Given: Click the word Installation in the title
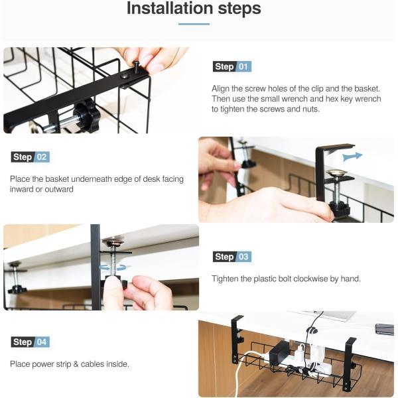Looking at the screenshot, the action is click(170, 9).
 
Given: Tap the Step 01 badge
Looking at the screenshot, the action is click(232, 66).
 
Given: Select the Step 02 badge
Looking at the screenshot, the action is click(31, 157).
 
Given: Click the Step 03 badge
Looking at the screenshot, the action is click(232, 257).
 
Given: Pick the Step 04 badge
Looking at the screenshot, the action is click(31, 342).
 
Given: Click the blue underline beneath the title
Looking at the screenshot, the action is click(194, 24).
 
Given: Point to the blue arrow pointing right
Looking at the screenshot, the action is click(352, 157).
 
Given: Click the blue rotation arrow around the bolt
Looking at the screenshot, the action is click(113, 267).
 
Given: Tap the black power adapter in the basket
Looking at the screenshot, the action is click(280, 352).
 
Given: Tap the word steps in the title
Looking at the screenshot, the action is click(239, 9).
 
